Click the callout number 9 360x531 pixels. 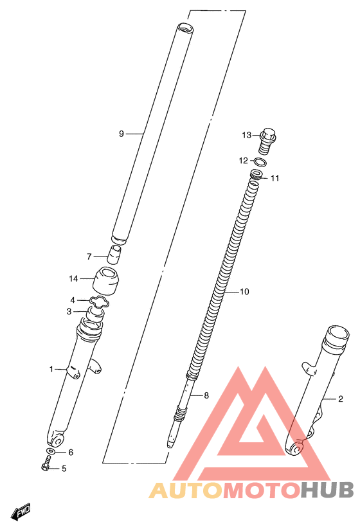coord(122,134)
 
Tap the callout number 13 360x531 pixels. coord(247,135)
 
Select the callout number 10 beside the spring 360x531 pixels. coord(244,291)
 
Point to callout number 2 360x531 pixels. coord(340,399)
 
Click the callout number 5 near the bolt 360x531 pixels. coord(64,469)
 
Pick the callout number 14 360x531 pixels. coord(73,279)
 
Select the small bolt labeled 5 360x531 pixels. coord(46,463)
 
